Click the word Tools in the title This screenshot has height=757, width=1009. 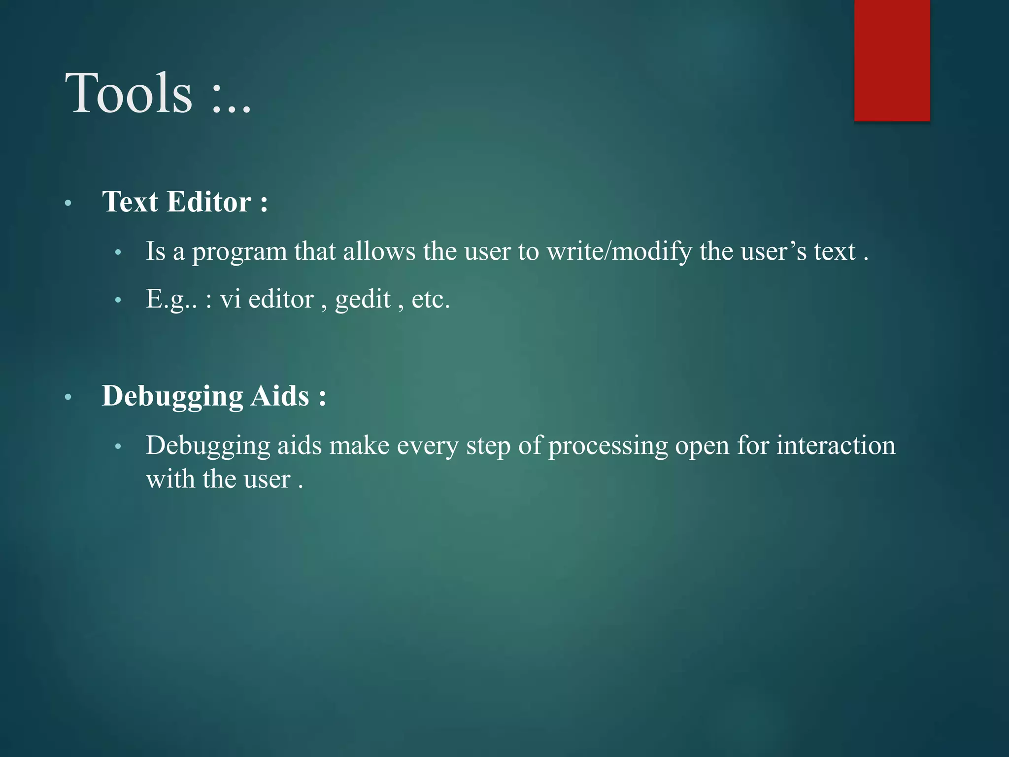click(129, 93)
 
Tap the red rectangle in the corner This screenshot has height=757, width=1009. click(892, 60)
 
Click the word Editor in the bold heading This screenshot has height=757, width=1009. click(209, 202)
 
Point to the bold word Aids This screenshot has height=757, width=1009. click(279, 396)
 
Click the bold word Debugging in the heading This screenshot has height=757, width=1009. click(172, 397)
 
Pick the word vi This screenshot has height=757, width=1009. click(230, 299)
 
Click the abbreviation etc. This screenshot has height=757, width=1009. click(431, 299)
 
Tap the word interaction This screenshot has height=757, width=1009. click(836, 445)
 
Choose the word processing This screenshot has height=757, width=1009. click(608, 446)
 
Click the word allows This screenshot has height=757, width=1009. click(379, 251)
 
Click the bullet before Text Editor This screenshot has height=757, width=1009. click(68, 203)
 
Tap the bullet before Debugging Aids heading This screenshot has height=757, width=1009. click(68, 397)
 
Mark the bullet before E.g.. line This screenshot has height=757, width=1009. click(118, 300)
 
